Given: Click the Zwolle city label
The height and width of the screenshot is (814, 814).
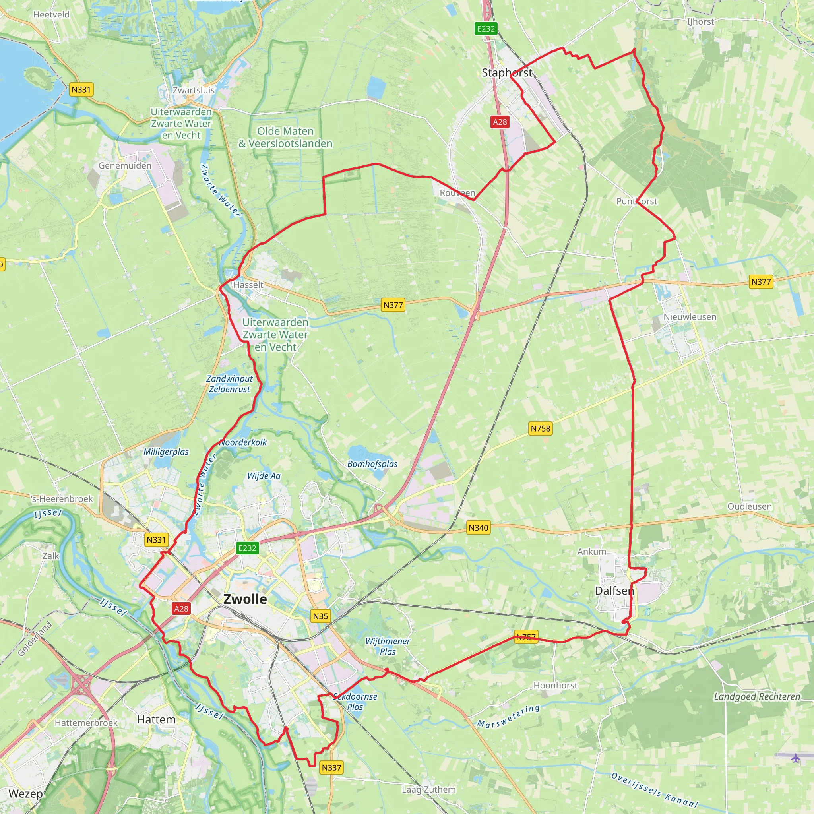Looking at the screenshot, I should click(x=245, y=599).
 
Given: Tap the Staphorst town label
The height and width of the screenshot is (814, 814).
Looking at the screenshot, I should click(x=507, y=73).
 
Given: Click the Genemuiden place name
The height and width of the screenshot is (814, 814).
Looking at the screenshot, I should click(x=125, y=166).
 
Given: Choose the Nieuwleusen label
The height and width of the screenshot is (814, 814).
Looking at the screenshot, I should click(x=690, y=317).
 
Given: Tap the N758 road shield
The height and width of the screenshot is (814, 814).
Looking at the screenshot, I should click(x=540, y=428).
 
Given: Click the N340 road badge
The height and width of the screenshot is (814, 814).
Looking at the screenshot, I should click(x=479, y=527).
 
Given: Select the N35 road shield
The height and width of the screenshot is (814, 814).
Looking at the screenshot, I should click(x=320, y=616).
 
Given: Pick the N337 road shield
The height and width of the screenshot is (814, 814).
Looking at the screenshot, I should click(x=331, y=767).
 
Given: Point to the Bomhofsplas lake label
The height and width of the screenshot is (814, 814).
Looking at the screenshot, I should click(x=372, y=464).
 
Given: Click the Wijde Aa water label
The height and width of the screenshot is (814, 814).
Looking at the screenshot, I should click(x=264, y=476).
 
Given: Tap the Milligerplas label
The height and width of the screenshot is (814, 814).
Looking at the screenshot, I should click(x=166, y=452).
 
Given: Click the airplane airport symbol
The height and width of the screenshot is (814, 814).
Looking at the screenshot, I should click(x=795, y=758).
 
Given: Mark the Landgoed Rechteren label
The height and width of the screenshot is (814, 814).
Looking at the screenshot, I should click(x=757, y=696).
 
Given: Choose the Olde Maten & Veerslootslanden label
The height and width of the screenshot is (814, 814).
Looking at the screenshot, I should click(x=285, y=138).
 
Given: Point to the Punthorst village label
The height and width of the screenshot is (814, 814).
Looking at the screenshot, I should click(x=637, y=202).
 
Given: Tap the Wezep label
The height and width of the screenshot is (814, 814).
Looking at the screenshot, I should click(x=25, y=793).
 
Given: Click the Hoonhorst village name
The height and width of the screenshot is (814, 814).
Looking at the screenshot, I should click(x=555, y=686).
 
